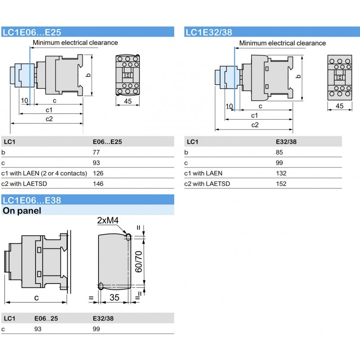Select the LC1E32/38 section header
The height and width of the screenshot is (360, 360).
point(208,32)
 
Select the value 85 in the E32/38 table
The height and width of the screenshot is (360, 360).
point(279,153)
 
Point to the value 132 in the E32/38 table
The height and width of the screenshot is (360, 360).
point(281,173)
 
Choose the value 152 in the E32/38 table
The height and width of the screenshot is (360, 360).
point(281,184)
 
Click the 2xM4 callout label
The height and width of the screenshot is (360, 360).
point(109,220)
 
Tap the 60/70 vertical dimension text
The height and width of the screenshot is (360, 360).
point(139,261)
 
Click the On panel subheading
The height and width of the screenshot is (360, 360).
point(22,211)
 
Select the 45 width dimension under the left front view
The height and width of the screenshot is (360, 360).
point(127,102)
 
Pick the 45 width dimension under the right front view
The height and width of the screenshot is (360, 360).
point(339,106)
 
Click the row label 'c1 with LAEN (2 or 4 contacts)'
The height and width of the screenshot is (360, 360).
point(45,173)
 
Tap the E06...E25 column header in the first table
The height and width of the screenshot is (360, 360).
point(107,142)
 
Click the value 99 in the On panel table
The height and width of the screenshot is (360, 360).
point(96,329)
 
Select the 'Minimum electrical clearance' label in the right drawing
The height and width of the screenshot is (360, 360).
point(282,43)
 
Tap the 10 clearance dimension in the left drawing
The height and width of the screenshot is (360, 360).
point(24,100)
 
